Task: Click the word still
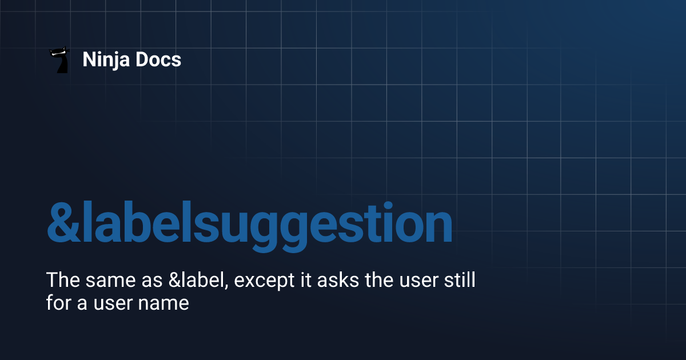[458, 281]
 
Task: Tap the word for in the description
[58, 302]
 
